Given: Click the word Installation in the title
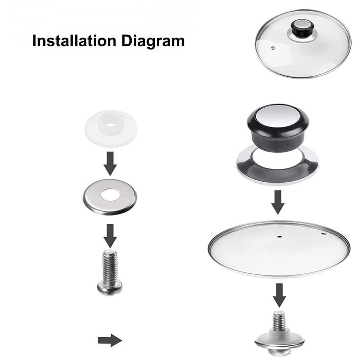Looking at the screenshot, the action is (x=74, y=41).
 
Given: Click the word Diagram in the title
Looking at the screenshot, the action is (x=153, y=41).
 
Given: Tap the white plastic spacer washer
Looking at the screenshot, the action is (x=111, y=128).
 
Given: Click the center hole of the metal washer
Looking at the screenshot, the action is (x=110, y=195).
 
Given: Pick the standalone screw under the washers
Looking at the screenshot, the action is (x=110, y=272).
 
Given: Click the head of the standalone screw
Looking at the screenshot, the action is (x=110, y=288).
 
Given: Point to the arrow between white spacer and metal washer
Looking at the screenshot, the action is (x=110, y=164).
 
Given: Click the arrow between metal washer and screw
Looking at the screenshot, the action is (x=110, y=236).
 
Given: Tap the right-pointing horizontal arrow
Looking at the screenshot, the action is (x=110, y=340).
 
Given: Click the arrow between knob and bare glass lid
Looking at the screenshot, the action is (x=278, y=202).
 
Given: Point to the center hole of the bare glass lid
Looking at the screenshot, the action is (x=279, y=236).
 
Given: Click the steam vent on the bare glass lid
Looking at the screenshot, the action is (x=324, y=234).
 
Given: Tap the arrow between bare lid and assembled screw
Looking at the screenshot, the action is (x=279, y=295).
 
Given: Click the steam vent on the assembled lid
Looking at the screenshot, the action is (x=273, y=48).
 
